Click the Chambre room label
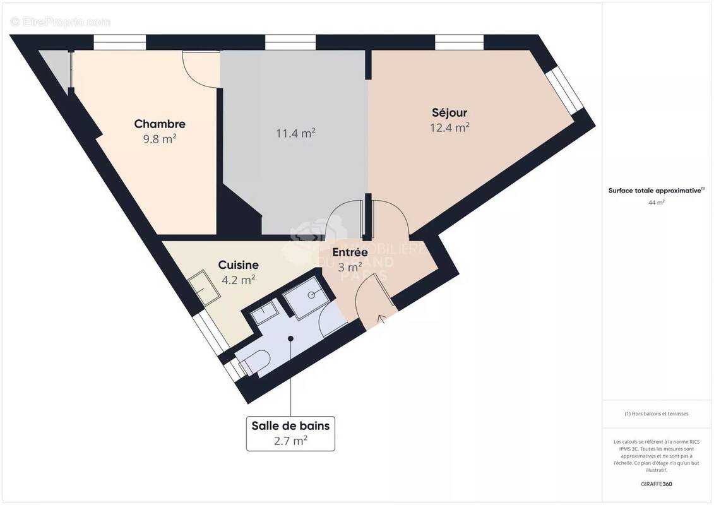click(x=160, y=124)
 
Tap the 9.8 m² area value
click(x=160, y=139)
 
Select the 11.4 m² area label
click(x=295, y=133)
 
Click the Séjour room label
click(x=449, y=113)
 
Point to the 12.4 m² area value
click(x=449, y=128)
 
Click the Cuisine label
click(x=238, y=265)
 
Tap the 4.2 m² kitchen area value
click(x=238, y=279)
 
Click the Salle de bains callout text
click(x=290, y=425)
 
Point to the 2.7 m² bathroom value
click(x=290, y=441)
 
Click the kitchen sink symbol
click(x=205, y=288)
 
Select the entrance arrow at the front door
click(x=381, y=319)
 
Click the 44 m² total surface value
click(x=657, y=203)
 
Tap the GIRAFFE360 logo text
click(x=657, y=484)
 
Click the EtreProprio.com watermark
click(x=61, y=22)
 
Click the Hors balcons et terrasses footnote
click(x=657, y=414)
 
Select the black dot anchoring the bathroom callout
click(x=290, y=339)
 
